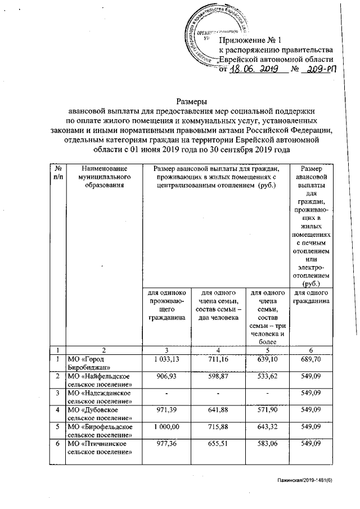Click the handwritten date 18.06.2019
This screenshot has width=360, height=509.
pos(253,70)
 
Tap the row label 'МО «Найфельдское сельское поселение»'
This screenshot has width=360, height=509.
pos(101,379)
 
